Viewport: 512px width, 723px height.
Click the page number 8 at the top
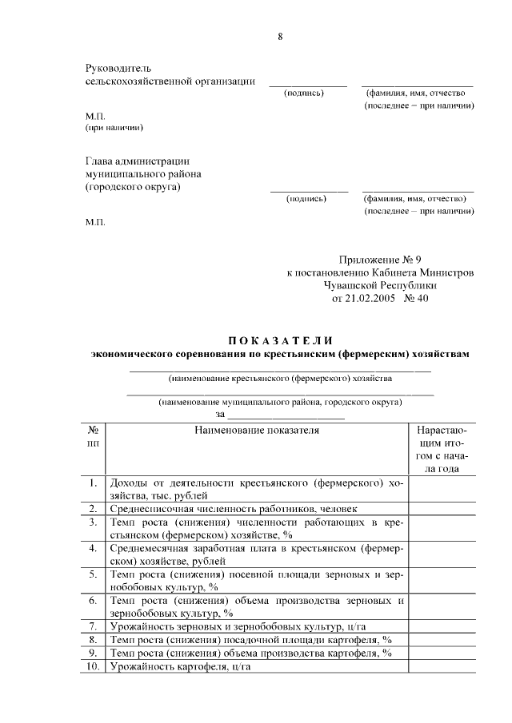280,36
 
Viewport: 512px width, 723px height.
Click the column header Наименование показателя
256,431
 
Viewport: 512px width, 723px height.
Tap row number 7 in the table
93,626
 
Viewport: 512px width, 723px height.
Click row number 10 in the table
93,667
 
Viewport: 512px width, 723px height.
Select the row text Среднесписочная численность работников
234,508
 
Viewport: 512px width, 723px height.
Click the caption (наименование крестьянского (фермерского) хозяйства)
280,377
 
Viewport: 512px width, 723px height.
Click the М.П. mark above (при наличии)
95,116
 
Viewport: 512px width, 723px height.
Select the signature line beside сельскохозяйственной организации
308,84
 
